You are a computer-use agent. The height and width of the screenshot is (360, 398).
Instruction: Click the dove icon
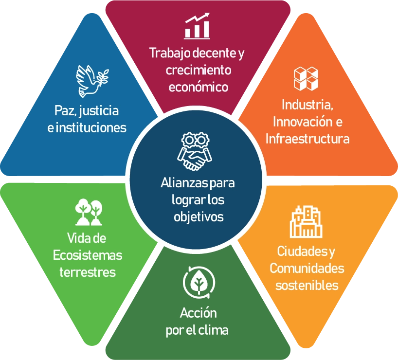point(91,81)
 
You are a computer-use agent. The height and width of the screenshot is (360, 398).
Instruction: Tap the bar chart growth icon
point(197,26)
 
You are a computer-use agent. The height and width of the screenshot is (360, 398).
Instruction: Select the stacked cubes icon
point(306,79)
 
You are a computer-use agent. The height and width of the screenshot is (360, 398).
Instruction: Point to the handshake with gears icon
point(195,151)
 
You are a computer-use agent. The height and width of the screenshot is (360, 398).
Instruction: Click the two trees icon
point(89,212)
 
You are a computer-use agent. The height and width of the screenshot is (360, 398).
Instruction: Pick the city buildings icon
point(306,222)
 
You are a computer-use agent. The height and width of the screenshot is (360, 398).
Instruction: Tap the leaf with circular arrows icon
point(199,282)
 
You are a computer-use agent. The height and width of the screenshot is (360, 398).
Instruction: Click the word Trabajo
point(170,54)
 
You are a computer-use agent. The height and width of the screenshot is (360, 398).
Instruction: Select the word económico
point(199,87)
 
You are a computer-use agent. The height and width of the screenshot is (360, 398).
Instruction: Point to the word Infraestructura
point(308,139)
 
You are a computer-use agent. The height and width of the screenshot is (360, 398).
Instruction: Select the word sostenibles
point(307,286)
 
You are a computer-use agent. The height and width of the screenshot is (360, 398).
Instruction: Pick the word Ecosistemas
point(88,255)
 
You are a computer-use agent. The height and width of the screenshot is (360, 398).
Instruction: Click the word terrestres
point(88,272)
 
